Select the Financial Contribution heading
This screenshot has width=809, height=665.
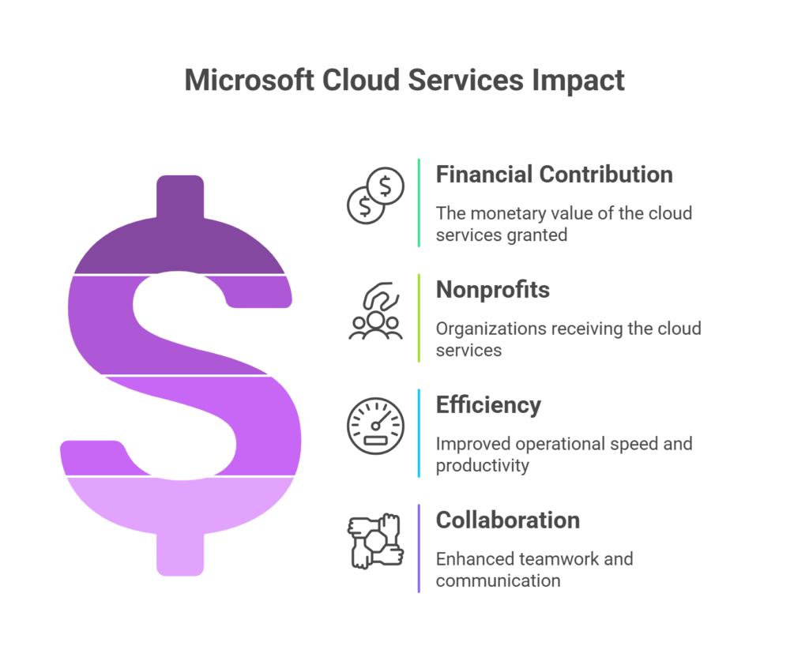point(554,175)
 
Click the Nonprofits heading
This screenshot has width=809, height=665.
point(492,290)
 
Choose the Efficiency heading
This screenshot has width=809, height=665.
point(488,405)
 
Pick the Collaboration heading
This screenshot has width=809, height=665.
point(507,520)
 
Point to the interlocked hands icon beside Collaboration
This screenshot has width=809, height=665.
point(375,543)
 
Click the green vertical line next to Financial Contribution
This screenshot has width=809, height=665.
point(419,202)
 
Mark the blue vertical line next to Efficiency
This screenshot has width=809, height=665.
point(419,433)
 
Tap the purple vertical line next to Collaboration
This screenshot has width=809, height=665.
point(419,548)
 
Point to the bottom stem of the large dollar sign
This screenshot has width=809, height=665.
point(179,552)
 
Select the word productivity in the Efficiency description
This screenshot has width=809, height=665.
point(482,466)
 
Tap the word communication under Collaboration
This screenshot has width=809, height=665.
point(498,581)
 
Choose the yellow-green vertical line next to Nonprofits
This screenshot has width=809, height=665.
point(419,317)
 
